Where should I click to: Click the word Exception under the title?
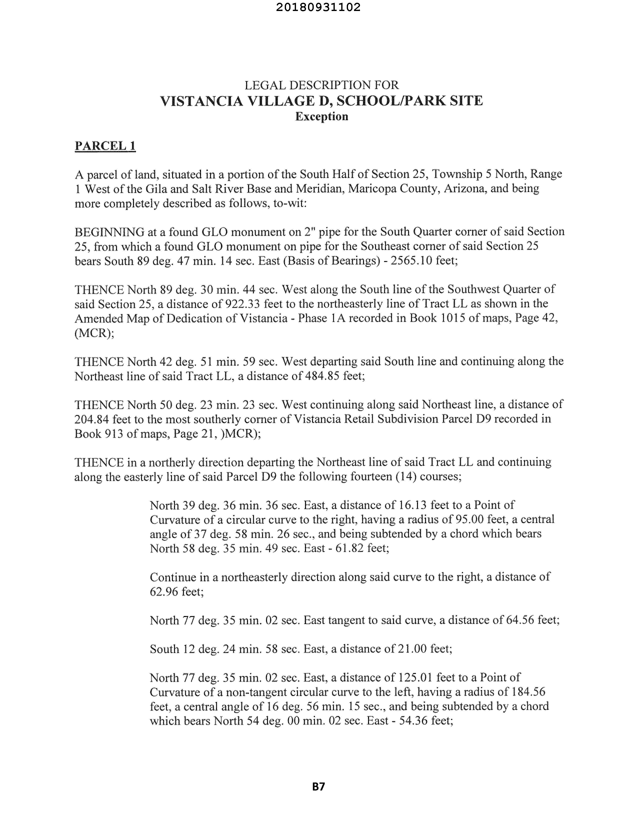click(x=321, y=116)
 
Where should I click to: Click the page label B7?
click(x=318, y=787)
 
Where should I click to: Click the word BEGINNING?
click(x=109, y=232)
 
